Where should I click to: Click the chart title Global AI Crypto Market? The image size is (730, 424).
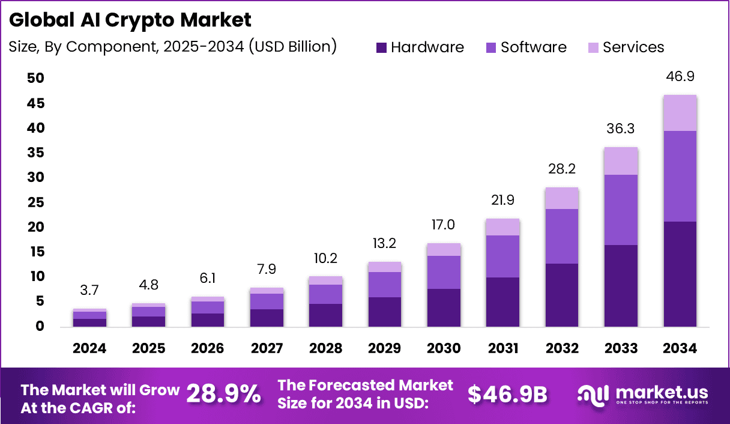130,20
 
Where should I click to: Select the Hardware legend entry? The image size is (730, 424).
420,47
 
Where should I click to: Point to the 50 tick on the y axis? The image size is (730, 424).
35,79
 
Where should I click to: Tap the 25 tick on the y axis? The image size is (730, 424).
35,202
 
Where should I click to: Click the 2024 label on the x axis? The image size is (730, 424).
90,349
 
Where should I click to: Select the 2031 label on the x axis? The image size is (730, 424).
502,349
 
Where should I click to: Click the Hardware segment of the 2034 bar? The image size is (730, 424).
680,274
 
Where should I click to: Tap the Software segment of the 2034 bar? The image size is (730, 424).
680,176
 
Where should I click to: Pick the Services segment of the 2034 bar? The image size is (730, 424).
680,113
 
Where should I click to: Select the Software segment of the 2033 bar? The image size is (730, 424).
621,210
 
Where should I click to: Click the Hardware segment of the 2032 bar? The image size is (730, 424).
561,295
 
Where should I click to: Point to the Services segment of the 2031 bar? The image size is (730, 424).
502,227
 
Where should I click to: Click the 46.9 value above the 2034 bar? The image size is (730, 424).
680,77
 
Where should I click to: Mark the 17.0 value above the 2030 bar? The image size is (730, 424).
444,225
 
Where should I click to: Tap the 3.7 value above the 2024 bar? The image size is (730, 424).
90,291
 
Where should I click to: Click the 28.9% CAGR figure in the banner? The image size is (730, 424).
223,394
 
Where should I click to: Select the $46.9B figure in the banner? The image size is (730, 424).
507,394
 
